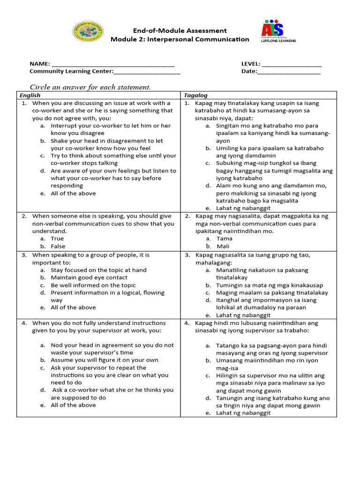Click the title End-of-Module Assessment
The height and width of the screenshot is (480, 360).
180,30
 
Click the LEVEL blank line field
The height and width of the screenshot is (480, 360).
292,64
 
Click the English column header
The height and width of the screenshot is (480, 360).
30,95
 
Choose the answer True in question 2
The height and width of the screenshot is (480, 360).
57,239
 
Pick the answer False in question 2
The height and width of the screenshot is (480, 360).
58,246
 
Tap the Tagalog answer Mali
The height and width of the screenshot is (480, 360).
223,246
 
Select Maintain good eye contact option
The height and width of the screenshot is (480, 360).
89,277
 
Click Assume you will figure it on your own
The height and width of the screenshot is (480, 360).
105,360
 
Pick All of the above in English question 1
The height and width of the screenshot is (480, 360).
73,193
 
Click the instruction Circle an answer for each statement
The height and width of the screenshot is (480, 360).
90,87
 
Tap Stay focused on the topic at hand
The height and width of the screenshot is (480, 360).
98,270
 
